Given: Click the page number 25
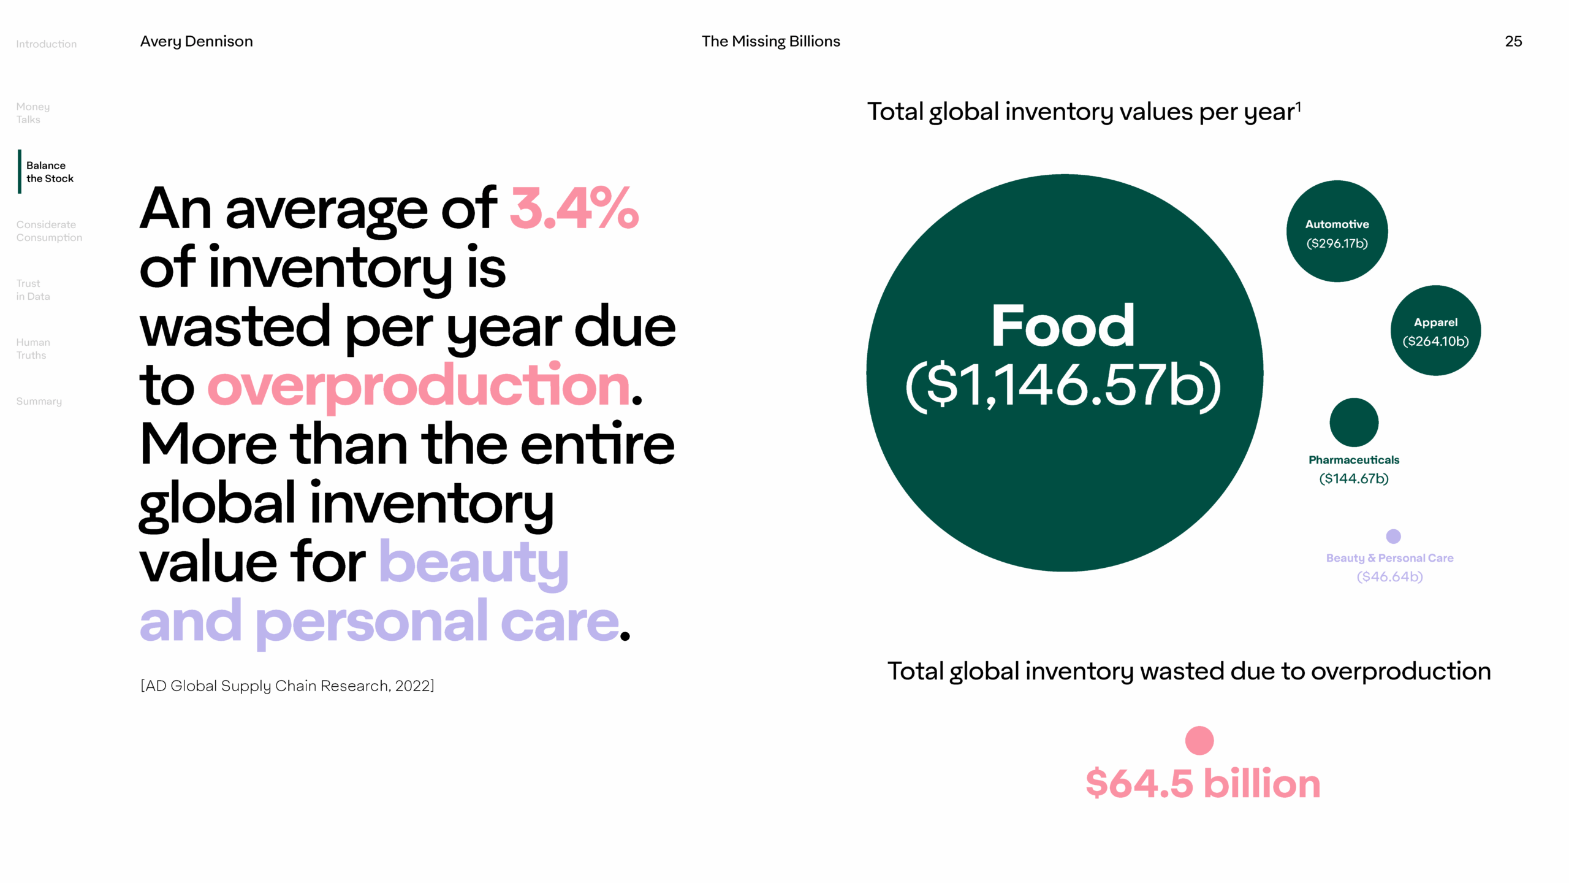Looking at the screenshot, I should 1513,41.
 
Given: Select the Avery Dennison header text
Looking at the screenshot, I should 196,41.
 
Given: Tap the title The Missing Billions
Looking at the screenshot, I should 770,41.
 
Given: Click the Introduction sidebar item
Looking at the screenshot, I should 47,44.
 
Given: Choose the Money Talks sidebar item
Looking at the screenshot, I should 33,113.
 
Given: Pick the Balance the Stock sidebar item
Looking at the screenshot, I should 50,172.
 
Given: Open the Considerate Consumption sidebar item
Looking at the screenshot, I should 49,231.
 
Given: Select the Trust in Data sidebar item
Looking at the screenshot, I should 33,290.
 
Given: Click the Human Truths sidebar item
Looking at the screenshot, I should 33,349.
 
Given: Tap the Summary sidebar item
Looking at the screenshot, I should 39,401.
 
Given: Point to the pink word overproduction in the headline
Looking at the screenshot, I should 419,385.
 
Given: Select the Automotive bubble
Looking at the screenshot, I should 1337,232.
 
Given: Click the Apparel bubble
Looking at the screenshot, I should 1435,331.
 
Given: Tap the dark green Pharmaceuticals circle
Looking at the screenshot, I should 1354,422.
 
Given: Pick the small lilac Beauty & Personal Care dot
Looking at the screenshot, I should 1393,537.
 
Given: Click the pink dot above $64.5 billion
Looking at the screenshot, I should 1199,741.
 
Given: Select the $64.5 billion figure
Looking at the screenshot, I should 1202,784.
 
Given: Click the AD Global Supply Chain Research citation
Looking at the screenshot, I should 287,686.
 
